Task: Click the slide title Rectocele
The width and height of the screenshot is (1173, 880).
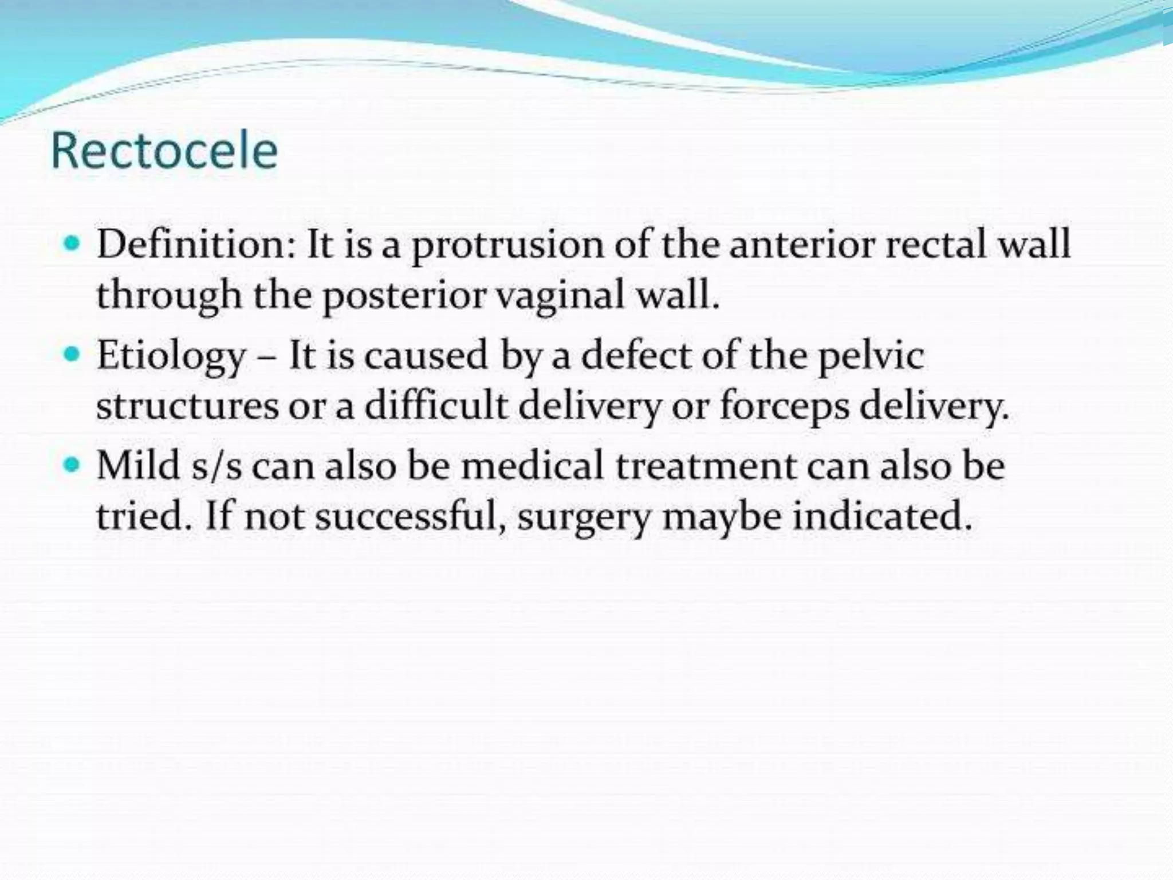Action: (164, 151)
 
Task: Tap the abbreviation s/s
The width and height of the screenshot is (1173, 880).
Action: (217, 465)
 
